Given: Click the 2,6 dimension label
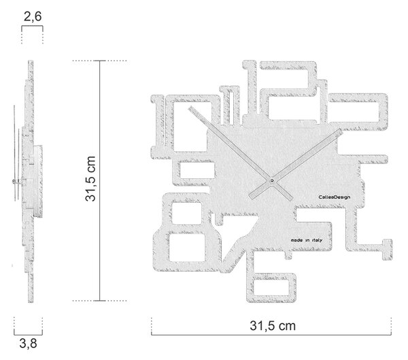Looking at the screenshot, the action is [x=33, y=16].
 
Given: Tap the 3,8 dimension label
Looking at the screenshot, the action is [x=29, y=344].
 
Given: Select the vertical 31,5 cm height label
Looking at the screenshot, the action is [x=90, y=179].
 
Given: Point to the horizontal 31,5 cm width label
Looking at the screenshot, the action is [x=273, y=325].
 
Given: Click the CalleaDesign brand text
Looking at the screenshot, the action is [x=335, y=197].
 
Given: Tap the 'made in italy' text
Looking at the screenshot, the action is [x=307, y=240].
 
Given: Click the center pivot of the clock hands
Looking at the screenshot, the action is [x=272, y=180].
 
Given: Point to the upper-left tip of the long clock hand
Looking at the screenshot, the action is [x=190, y=108].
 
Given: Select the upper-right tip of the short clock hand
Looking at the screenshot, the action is [x=341, y=130].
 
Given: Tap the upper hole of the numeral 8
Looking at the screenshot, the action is [x=186, y=213].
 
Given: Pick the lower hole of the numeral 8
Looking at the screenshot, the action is [x=187, y=248].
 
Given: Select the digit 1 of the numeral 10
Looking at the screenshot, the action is [x=158, y=127].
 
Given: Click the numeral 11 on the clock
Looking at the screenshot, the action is [x=230, y=105].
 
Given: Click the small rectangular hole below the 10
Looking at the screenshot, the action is [x=197, y=170].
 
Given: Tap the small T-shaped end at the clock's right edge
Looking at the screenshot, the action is [x=387, y=249].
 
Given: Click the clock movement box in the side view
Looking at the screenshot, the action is [x=38, y=181].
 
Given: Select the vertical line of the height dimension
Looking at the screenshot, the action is [x=100, y=181].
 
